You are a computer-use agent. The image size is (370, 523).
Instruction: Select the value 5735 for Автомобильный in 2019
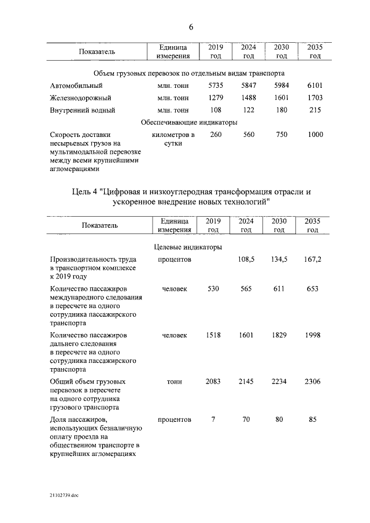(x=216, y=86)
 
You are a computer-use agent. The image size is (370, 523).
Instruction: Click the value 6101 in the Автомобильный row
(x=314, y=86)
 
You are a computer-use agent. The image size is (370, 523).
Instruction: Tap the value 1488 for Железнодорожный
(x=249, y=98)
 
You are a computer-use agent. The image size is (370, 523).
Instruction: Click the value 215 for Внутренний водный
(x=314, y=110)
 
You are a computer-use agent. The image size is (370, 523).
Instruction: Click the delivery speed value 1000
(x=315, y=135)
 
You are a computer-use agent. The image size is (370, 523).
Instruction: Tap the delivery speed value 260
(x=216, y=135)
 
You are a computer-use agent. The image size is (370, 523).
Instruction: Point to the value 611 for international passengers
(x=279, y=289)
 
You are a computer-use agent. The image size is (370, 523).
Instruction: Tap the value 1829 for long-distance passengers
(x=279, y=335)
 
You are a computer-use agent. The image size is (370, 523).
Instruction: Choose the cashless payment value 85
(x=312, y=420)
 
